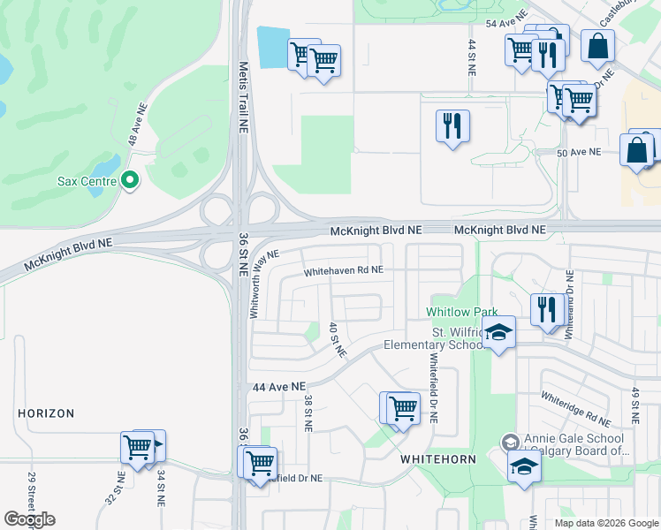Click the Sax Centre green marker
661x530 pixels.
click(130, 181)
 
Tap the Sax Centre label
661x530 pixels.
click(87, 182)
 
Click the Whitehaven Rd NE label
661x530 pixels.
click(344, 271)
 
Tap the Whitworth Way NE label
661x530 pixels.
click(264, 283)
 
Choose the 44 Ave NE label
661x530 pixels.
click(278, 387)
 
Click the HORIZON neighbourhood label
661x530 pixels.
click(47, 413)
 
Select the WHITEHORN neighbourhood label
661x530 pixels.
click(439, 460)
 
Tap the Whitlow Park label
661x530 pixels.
click(460, 312)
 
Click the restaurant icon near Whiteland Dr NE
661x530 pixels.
click(548, 310)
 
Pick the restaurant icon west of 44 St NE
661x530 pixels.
click(452, 125)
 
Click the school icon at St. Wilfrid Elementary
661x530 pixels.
click(499, 335)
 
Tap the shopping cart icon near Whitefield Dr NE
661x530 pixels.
click(403, 408)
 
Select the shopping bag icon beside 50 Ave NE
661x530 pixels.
click(636, 150)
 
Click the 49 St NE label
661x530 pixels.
click(634, 404)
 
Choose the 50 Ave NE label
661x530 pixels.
click(579, 152)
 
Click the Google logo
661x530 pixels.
click(30, 519)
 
